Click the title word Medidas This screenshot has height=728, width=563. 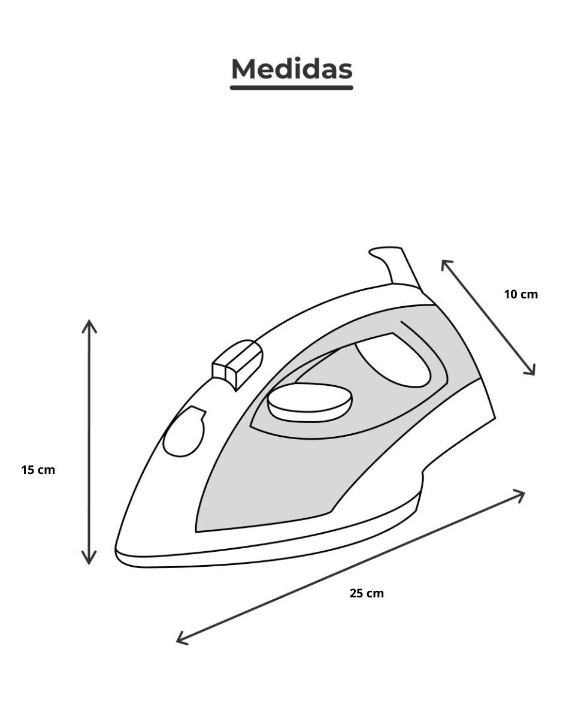[x=292, y=69]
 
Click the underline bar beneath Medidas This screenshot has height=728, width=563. [x=291, y=87]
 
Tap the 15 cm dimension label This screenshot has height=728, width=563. [x=38, y=470]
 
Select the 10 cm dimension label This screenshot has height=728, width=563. [x=521, y=294]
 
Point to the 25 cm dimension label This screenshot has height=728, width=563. [x=367, y=593]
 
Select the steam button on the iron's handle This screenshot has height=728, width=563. [x=237, y=365]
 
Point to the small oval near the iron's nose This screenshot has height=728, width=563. [x=184, y=432]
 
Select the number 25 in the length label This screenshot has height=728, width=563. [x=356, y=593]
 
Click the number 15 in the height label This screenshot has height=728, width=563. [x=28, y=470]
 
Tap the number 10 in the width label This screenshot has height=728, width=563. [x=511, y=294]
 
